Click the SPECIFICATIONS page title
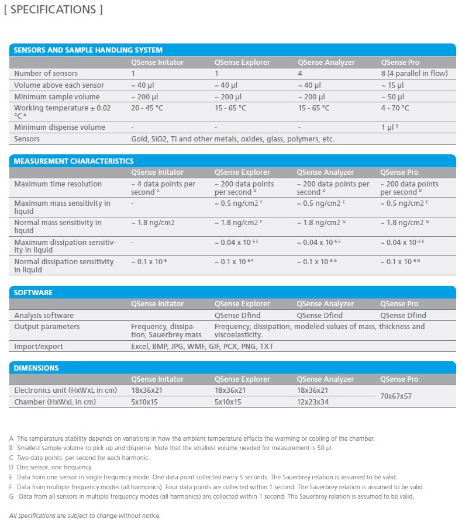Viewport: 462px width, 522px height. pyautogui.click(x=53, y=9)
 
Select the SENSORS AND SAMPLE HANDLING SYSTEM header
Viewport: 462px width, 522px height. pyautogui.click(x=88, y=50)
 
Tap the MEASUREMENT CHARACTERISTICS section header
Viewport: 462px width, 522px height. pyautogui.click(x=74, y=161)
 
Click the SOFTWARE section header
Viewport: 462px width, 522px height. pyautogui.click(x=33, y=292)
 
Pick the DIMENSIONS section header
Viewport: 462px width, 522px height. pyautogui.click(x=36, y=368)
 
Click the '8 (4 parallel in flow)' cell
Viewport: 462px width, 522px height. pyautogui.click(x=414, y=74)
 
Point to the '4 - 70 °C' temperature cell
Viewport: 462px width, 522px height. pyautogui.click(x=395, y=108)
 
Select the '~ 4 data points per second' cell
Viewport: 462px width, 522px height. pyautogui.click(x=163, y=188)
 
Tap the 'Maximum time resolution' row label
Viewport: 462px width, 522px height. pyautogui.click(x=58, y=184)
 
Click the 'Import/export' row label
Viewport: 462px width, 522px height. pyautogui.click(x=39, y=347)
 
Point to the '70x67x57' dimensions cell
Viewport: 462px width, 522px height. pyautogui.click(x=396, y=396)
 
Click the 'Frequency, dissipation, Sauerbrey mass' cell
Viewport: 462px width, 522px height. pyautogui.click(x=166, y=331)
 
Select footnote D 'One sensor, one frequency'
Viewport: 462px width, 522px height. pyautogui.click(x=54, y=467)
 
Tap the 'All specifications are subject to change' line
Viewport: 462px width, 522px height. pyautogui.click(x=85, y=515)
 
